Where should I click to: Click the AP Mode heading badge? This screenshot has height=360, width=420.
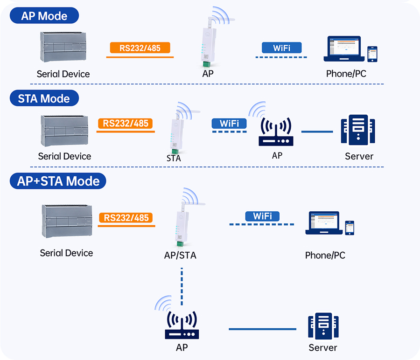[44, 16]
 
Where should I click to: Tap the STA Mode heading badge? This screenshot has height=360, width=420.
[44, 98]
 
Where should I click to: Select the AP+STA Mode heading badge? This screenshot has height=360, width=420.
[58, 181]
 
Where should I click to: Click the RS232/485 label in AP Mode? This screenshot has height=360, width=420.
[140, 48]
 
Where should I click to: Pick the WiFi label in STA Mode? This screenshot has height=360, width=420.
[229, 123]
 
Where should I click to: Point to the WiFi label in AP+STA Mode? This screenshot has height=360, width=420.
[262, 216]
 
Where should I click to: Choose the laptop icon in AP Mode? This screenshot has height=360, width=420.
[344, 49]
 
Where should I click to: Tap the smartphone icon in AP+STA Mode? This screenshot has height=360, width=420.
[349, 228]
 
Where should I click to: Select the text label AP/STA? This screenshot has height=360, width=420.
[180, 256]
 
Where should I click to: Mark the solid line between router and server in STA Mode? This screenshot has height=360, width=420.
[317, 132]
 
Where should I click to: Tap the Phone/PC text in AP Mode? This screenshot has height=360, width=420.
[346, 74]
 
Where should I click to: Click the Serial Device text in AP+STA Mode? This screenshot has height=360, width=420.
[66, 253]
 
